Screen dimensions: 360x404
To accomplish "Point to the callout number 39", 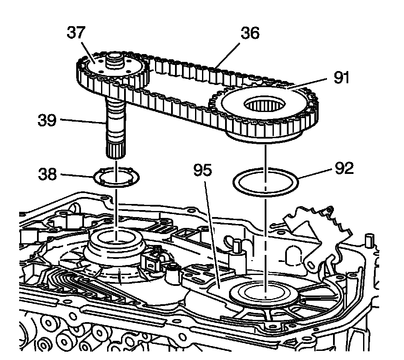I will pyautogui.click(x=46, y=120).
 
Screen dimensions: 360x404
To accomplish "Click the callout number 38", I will pyautogui.click(x=47, y=175).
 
